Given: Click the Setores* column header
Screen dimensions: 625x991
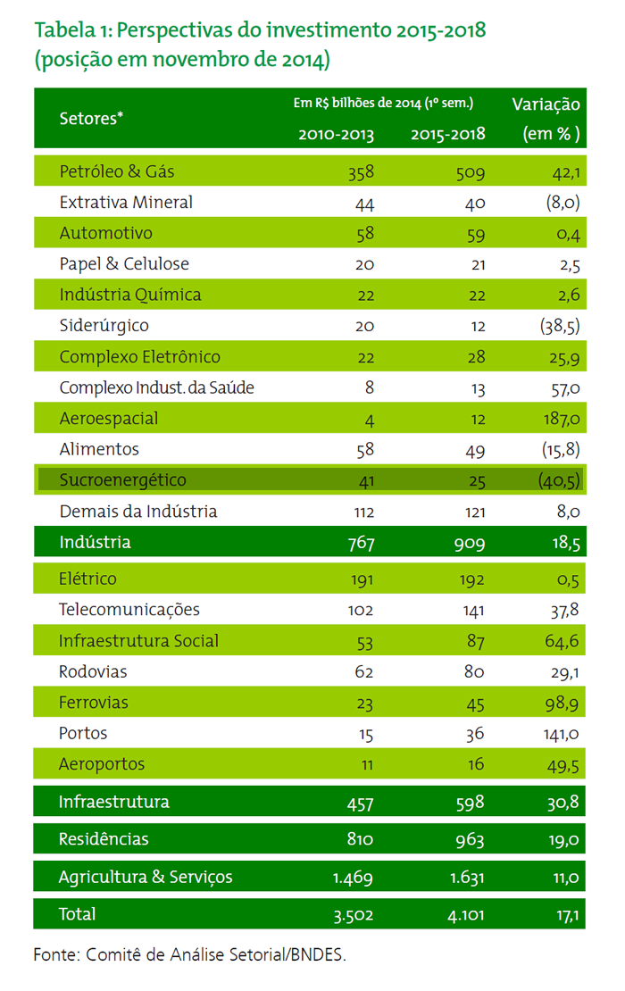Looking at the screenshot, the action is [91, 118].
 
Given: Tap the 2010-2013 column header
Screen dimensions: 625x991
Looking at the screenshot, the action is [337, 134].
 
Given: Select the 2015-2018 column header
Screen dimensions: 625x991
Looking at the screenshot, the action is [448, 134].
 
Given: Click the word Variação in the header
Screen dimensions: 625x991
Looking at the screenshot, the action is [546, 104].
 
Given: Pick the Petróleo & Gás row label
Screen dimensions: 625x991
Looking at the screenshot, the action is [117, 171].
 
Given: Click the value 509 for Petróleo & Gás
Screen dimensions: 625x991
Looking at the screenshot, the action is [471, 172].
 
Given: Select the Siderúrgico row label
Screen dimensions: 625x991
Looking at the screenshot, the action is [104, 326].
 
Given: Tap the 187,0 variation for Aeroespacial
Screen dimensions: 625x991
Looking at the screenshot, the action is [562, 419].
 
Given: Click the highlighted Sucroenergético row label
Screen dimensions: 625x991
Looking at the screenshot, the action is [122, 479].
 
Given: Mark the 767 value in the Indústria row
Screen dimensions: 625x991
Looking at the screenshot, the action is [361, 543].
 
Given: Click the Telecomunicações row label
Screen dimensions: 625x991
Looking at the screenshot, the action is [129, 609].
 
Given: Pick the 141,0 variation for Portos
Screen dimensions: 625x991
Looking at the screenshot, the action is [562, 734].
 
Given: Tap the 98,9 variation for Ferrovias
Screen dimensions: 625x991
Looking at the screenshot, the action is [562, 703].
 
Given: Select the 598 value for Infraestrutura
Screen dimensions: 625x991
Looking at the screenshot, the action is [471, 803].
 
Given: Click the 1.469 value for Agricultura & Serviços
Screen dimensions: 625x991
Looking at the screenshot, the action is [353, 878].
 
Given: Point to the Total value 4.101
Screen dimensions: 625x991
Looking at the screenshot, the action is [466, 914].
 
